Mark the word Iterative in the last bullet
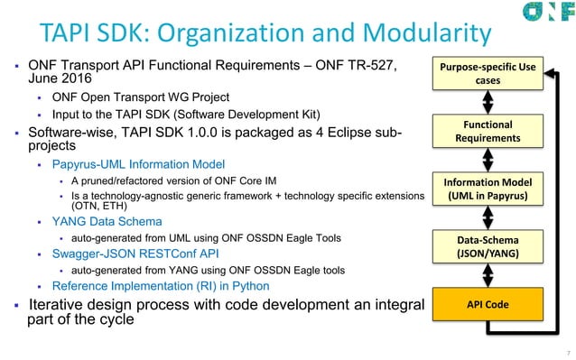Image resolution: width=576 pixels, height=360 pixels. (60, 304)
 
